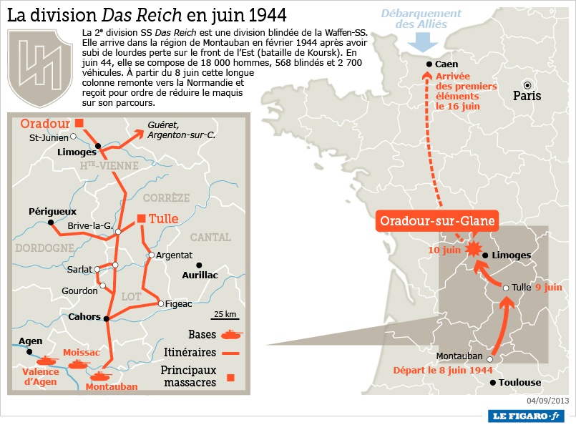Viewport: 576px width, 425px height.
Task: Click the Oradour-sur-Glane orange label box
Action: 437,221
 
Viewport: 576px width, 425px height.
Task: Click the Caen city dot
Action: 429,64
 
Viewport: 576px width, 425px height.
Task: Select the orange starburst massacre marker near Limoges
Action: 473,249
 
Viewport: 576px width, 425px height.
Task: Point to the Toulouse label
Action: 515,383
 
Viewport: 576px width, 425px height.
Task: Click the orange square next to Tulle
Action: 141,219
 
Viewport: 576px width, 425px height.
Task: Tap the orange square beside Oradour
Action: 79,123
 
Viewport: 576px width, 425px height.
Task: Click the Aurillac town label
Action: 200,275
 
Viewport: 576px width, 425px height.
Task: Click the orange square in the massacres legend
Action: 230,377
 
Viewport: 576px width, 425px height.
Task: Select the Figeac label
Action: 178,304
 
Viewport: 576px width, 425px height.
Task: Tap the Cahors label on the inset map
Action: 84,316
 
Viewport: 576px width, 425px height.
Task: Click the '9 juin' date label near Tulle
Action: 549,288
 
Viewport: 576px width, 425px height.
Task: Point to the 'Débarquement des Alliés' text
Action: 421,19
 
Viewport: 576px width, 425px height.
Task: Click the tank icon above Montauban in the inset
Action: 99,374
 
